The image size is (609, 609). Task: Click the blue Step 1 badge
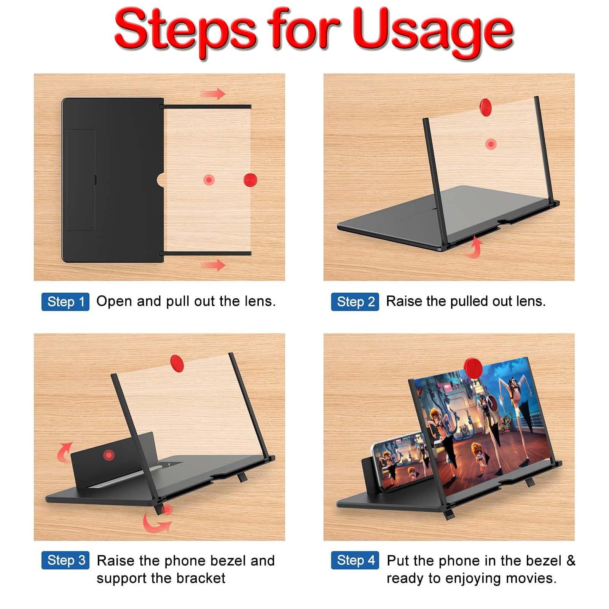click(x=65, y=302)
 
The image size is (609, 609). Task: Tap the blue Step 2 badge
click(x=355, y=302)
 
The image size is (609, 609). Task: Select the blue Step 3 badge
click(x=65, y=560)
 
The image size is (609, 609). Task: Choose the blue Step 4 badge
click(x=355, y=560)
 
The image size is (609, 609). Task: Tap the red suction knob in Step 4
click(x=473, y=367)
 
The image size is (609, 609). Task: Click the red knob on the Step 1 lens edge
click(x=250, y=179)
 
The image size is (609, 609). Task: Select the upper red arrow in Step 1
click(x=213, y=94)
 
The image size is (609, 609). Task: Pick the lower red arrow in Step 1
click(x=213, y=265)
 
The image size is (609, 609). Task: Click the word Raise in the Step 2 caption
click(x=404, y=301)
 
